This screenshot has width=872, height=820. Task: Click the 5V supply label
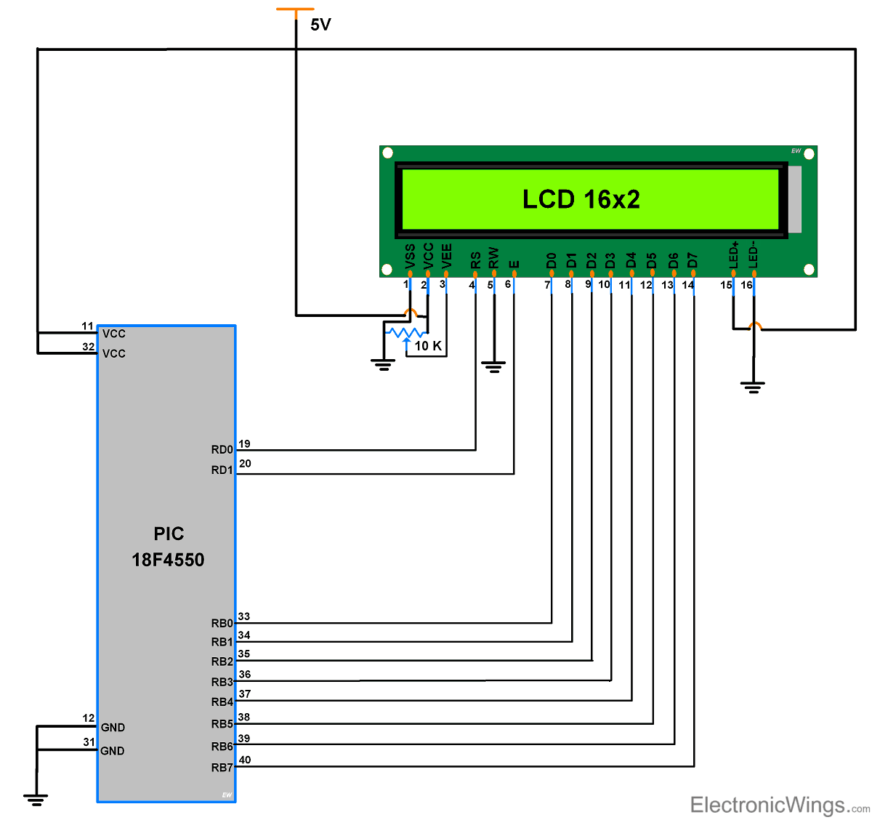pos(320,25)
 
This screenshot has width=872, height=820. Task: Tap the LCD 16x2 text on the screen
pos(581,199)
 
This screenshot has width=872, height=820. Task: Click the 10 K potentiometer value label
pos(428,346)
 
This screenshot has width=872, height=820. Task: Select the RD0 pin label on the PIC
pos(222,450)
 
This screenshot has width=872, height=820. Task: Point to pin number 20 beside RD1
pos(245,463)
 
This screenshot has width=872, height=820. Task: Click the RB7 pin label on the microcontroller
pos(222,768)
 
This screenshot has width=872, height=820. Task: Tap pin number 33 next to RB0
pos(244,616)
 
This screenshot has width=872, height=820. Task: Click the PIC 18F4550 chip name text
pos(168,547)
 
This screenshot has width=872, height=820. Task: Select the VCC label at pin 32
pos(114,353)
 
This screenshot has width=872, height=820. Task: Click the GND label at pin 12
pos(113,728)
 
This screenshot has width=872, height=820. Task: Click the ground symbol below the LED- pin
pos(754,387)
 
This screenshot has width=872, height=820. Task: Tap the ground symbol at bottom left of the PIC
pos(36,800)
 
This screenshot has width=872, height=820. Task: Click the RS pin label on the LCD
pos(475,260)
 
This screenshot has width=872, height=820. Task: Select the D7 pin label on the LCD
pos(693,260)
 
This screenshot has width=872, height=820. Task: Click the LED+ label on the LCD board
pos(734,254)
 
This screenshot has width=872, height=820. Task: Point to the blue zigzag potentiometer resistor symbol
pos(407,333)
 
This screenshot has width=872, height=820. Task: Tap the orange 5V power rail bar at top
pos(295,9)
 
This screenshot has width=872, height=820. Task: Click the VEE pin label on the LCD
pos(446,256)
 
